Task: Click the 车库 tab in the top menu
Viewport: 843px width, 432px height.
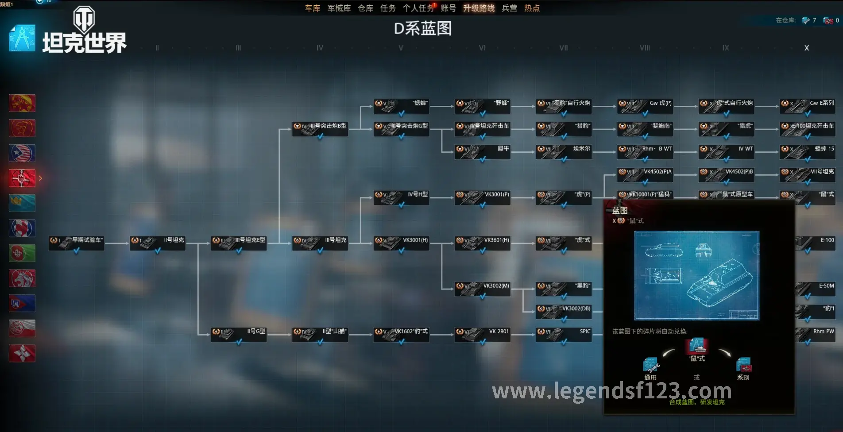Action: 312,8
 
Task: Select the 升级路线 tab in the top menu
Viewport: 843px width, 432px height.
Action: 479,8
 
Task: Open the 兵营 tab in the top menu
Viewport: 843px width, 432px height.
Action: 509,8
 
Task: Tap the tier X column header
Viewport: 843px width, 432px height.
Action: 806,48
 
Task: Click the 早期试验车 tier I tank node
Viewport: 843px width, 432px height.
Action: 76,243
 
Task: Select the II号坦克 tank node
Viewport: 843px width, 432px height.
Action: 157,243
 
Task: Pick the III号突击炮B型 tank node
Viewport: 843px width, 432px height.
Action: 320,128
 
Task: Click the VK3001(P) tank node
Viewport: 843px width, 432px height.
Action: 482,197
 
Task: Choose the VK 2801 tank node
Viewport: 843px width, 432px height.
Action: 482,334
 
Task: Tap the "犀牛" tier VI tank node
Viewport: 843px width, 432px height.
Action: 482,151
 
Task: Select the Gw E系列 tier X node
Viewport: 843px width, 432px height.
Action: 807,106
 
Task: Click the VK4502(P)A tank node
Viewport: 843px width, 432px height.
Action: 645,174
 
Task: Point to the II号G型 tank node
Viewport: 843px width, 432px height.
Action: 239,334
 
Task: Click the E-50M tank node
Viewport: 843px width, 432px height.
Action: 816,288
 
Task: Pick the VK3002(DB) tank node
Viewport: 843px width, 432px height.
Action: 563,311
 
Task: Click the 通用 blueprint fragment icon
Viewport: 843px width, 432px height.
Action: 650,365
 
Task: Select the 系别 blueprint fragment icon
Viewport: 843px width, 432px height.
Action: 743,365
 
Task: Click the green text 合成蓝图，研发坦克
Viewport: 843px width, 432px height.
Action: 696,402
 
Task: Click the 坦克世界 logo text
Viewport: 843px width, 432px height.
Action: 85,43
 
